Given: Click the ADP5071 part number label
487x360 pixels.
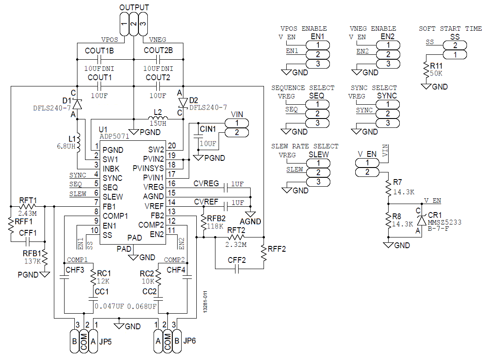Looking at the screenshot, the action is coord(114,136).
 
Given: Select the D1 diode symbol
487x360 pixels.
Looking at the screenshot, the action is coord(77,104).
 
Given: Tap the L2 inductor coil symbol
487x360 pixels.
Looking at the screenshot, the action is coord(158,118).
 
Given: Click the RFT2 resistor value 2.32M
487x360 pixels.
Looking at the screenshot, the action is coord(236,245).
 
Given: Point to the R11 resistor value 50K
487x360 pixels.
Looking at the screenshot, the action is coord(436,74).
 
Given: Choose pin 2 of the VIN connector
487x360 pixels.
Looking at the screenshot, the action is coord(237,132).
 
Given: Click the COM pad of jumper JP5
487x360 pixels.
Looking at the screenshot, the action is coord(84,341).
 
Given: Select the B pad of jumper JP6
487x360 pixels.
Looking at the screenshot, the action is coord(177,341).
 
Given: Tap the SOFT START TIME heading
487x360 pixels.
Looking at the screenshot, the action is coord(450,29).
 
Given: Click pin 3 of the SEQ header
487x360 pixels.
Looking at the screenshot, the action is coord(317,123).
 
